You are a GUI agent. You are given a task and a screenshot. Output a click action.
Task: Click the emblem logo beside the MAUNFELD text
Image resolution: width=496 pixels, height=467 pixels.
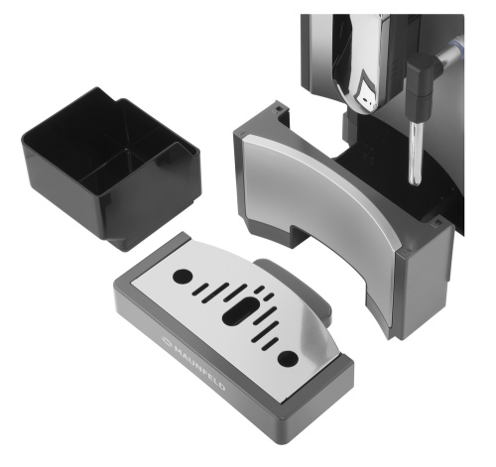[167, 341]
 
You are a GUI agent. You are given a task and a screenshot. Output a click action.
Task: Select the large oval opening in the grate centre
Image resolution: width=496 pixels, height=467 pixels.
[240, 310]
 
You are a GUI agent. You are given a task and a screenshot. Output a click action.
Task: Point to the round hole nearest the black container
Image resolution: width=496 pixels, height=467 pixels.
[183, 277]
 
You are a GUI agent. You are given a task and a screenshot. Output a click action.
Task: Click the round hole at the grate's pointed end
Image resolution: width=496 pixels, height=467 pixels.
[288, 359]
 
